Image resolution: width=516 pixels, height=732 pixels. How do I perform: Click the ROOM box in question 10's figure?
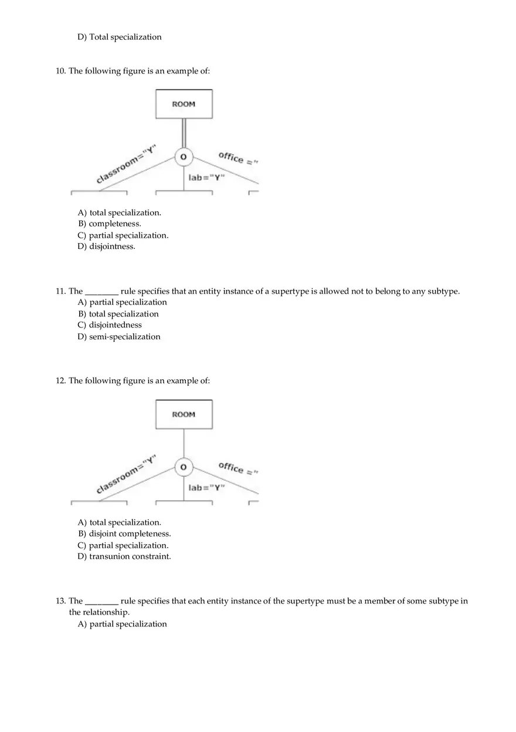184,104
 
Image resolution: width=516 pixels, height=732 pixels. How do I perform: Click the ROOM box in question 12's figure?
184,414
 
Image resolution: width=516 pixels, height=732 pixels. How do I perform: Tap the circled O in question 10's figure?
184,157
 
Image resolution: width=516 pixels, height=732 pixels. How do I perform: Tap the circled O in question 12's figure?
184,467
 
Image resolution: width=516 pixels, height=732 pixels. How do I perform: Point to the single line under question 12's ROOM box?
184,444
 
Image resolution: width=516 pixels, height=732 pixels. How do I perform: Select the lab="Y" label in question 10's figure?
206,177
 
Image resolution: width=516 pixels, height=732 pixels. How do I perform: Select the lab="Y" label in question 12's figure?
206,487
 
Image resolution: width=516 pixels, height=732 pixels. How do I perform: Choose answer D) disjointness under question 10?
106,247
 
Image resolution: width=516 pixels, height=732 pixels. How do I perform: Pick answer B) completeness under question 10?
110,224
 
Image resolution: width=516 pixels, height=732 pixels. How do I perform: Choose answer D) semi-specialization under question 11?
119,337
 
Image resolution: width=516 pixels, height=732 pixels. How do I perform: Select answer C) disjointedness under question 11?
110,325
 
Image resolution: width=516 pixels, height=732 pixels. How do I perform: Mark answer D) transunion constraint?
124,556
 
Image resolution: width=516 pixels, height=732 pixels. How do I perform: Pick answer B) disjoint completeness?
124,534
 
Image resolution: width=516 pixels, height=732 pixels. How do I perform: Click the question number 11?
60,291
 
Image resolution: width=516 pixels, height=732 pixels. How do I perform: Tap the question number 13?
60,601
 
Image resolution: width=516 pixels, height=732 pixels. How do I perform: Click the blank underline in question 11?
102,292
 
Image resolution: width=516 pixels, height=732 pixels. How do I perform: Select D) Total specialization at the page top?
120,37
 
